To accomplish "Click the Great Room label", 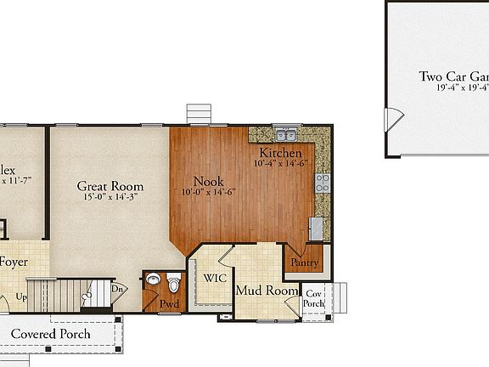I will pyautogui.click(x=110, y=186).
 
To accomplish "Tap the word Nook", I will pyautogui.click(x=208, y=181).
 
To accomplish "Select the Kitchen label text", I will pyautogui.click(x=280, y=153).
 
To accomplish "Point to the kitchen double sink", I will pyautogui.click(x=284, y=135).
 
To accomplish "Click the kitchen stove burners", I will pyautogui.click(x=323, y=183).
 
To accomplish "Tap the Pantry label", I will pyautogui.click(x=305, y=263).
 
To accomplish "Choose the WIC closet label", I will pyautogui.click(x=213, y=278).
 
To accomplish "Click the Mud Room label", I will pyautogui.click(x=267, y=291).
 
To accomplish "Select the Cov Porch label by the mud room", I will pyautogui.click(x=315, y=297).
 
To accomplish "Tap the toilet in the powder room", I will pyautogui.click(x=174, y=282).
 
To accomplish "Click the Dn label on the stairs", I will pyautogui.click(x=120, y=289).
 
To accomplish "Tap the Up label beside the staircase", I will pyautogui.click(x=21, y=298).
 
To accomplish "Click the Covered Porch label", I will pyautogui.click(x=62, y=334).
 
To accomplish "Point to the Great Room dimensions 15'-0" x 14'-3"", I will pyautogui.click(x=110, y=197).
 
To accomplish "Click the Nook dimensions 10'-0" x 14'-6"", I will pyautogui.click(x=208, y=192).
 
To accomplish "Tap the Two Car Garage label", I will pyautogui.click(x=453, y=76).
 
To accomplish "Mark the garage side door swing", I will pyautogui.click(x=392, y=121).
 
